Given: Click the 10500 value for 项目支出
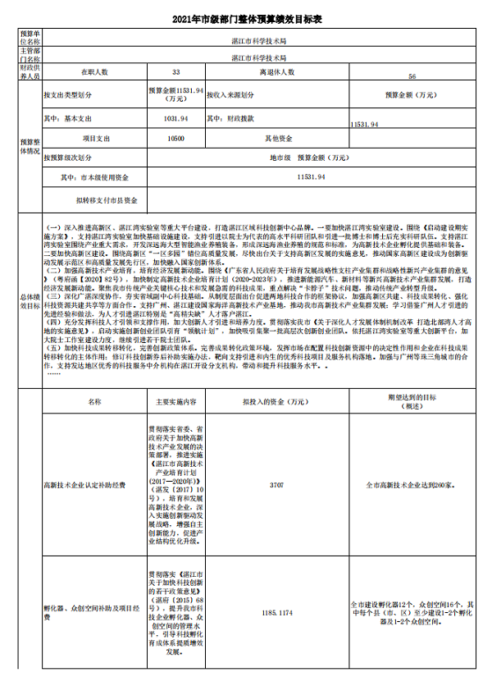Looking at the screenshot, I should tap(175, 139).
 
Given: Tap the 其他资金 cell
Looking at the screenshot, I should tap(277, 139).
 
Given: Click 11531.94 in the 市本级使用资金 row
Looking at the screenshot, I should tap(310, 176).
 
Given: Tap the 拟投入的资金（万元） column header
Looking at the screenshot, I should tap(276, 402).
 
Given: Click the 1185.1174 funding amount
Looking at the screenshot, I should tap(276, 612).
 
